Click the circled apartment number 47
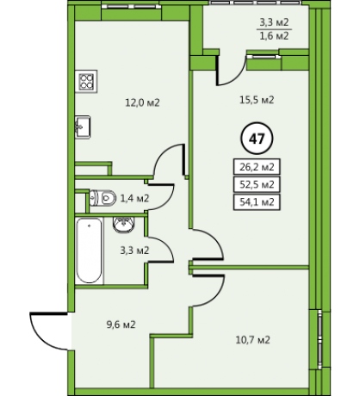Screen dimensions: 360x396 click(257, 139)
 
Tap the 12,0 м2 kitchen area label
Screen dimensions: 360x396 click(142, 102)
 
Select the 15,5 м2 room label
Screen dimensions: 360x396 click(257, 100)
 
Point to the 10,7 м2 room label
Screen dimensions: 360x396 click(252, 340)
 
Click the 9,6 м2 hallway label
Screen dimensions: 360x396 click(121, 325)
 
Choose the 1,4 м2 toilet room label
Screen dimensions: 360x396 click(134, 198)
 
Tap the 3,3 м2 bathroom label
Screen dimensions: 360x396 click(134, 251)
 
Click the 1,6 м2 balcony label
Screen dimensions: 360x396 click(274, 36)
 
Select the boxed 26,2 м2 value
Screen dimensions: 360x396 click(257, 166)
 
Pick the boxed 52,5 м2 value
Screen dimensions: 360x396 click(257, 184)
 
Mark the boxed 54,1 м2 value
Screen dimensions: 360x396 click(257, 202)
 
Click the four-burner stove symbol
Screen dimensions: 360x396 click(86, 81)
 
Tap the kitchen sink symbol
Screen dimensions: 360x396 click(83, 127)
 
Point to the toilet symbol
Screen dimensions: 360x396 click(102, 198)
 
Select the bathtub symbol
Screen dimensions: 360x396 click(90, 251)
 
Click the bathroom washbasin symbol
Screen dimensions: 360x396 click(124, 225)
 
